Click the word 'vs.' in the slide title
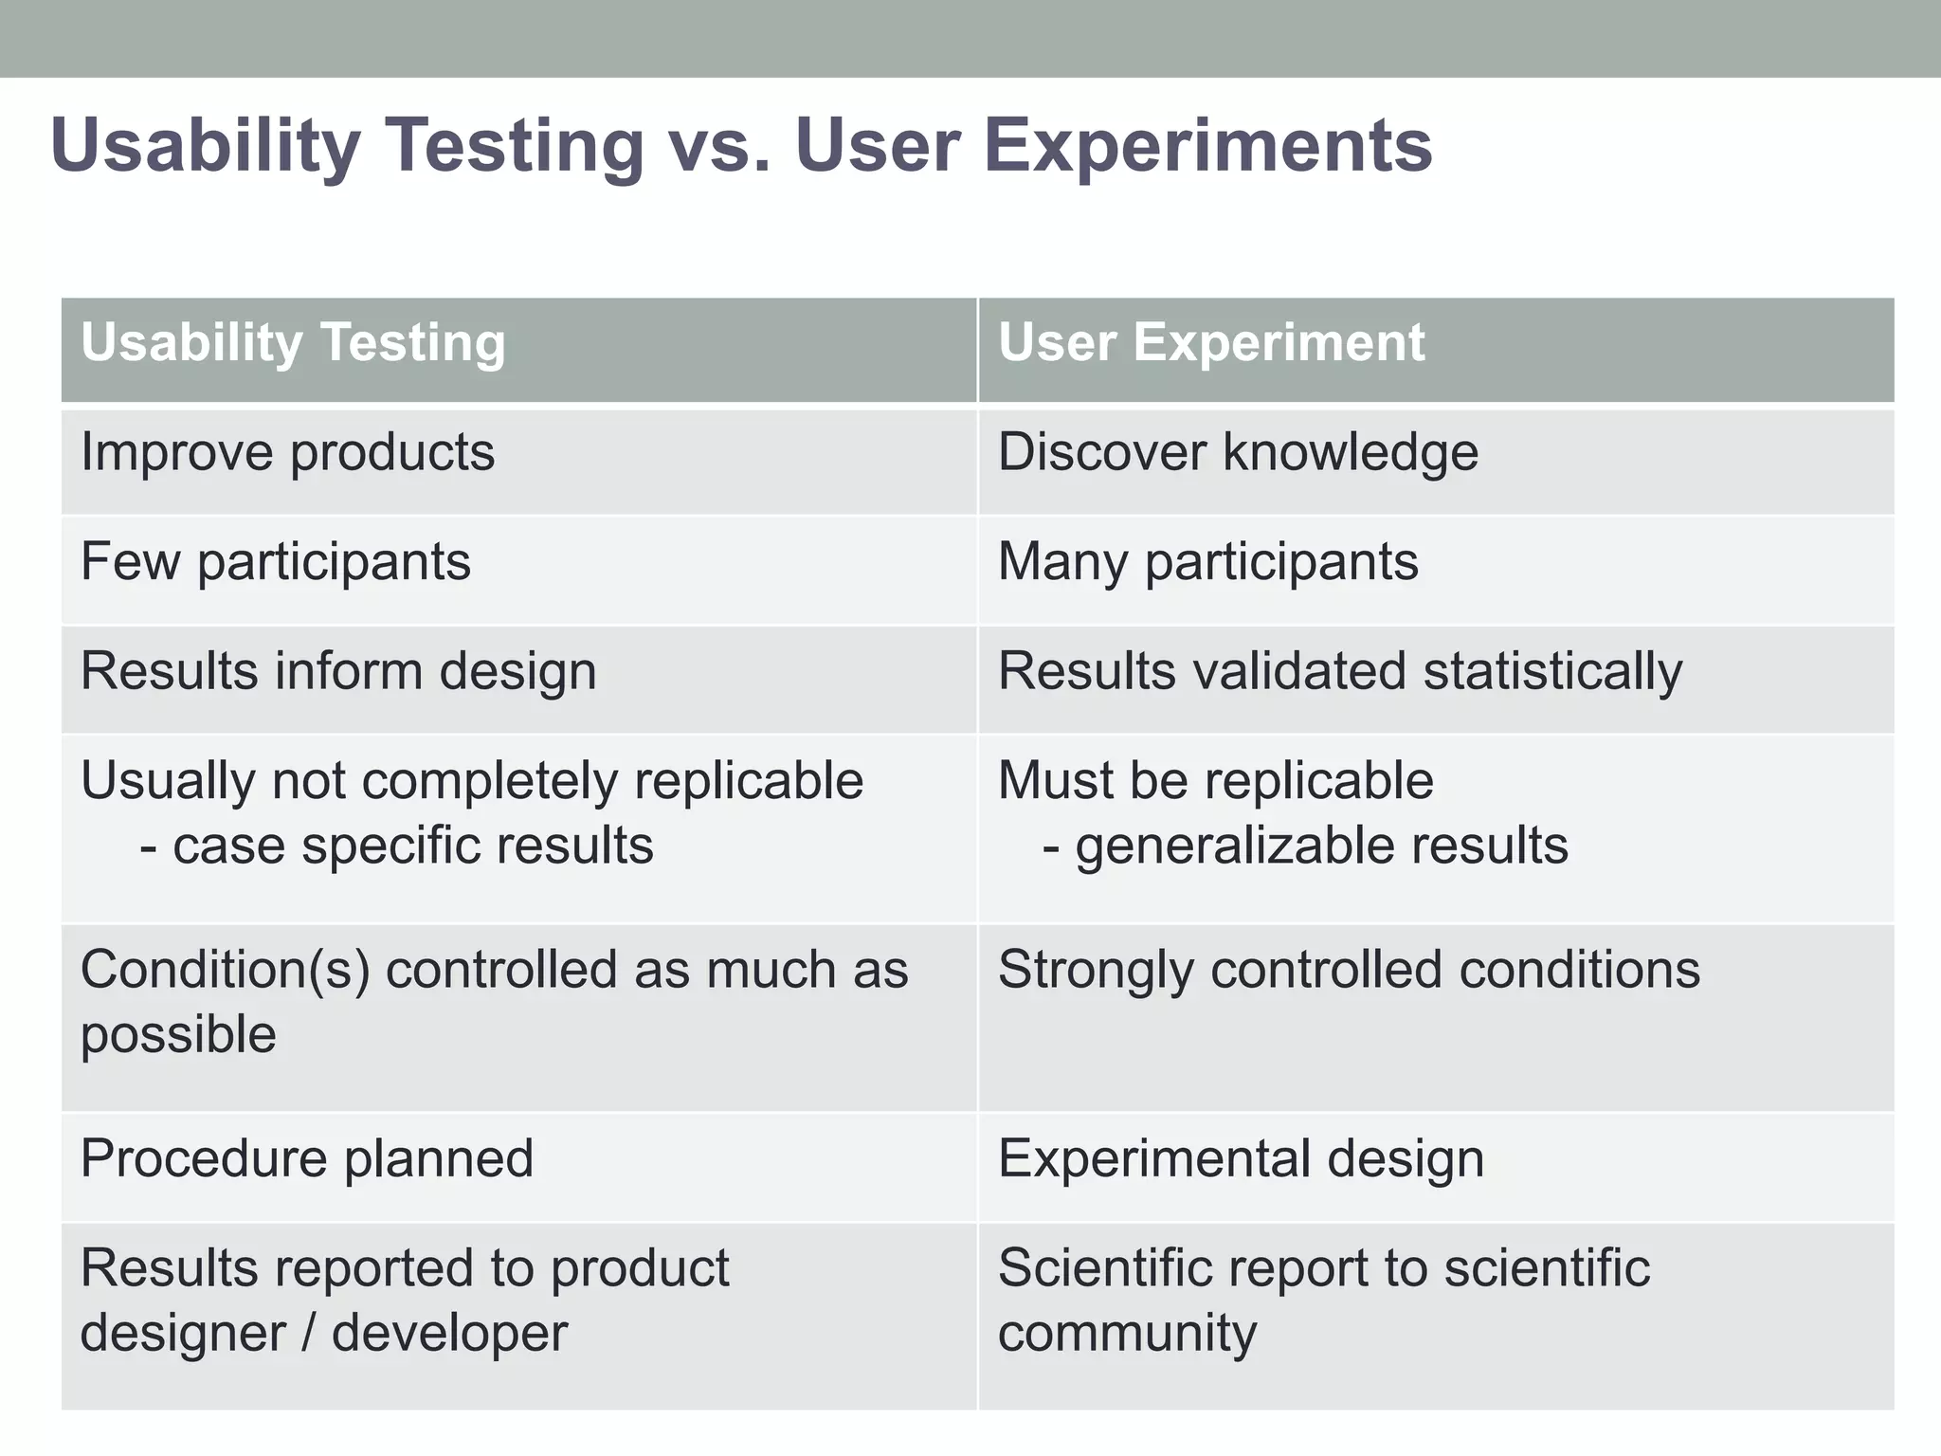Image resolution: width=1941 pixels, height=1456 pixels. [x=718, y=147]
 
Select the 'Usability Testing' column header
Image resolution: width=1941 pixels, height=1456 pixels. [x=293, y=342]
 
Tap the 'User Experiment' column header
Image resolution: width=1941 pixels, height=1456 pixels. [x=1210, y=342]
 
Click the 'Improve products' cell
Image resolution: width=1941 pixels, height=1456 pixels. [x=287, y=452]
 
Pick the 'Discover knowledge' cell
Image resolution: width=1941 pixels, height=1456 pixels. [x=1237, y=452]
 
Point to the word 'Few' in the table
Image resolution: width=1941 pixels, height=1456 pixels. [x=130, y=561]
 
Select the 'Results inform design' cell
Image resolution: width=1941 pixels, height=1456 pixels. [x=338, y=671]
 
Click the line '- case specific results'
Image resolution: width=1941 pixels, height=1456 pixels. [x=396, y=845]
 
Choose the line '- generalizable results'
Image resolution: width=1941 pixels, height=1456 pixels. [x=1304, y=845]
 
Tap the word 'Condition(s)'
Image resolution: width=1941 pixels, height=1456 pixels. [x=225, y=971]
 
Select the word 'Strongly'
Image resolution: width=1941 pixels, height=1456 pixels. [x=1096, y=971]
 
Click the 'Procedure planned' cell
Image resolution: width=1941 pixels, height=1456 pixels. [x=307, y=1158]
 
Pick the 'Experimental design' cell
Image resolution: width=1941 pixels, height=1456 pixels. [x=1240, y=1158]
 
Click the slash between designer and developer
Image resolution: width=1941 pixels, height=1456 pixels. [x=309, y=1333]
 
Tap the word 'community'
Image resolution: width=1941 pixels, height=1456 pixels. [x=1127, y=1333]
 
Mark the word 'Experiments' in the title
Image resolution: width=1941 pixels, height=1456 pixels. [x=1208, y=147]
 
